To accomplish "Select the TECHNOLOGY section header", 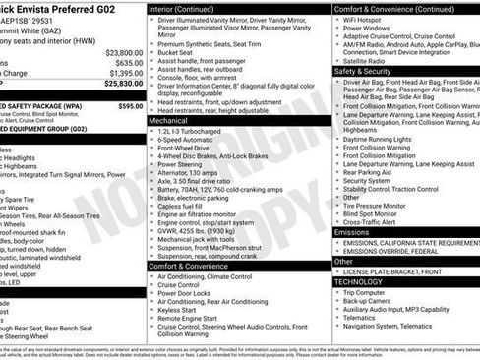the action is click(361, 281).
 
